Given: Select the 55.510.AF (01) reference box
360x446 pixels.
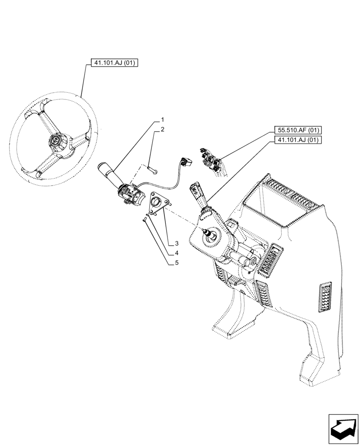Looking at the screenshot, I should [x=297, y=130].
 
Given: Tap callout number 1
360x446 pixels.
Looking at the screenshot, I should [x=163, y=120].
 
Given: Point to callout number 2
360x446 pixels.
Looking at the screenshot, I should [x=163, y=129].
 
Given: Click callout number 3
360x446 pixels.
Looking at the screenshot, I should [x=176, y=244].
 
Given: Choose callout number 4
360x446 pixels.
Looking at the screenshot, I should [x=176, y=253].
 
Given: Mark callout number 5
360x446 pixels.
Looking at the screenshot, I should [x=176, y=263].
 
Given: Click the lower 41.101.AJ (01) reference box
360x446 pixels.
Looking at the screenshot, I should [x=297, y=140].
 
